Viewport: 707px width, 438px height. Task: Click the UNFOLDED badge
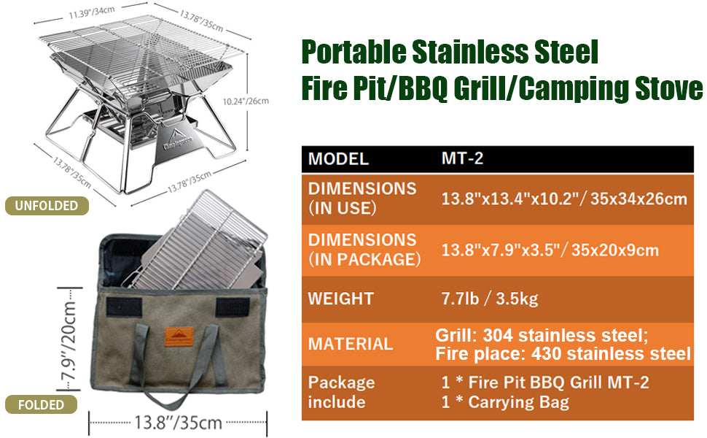pyautogui.click(x=46, y=206)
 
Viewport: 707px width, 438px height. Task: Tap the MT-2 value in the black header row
pyautogui.click(x=462, y=158)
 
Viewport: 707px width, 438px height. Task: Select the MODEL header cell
pyautogui.click(x=338, y=158)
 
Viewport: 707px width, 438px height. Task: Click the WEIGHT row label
pyautogui.click(x=340, y=299)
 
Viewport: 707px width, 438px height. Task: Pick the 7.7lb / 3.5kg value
pyautogui.click(x=490, y=299)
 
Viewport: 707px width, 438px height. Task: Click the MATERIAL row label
pyautogui.click(x=350, y=343)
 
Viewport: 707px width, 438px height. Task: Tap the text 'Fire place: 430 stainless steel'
pyautogui.click(x=563, y=354)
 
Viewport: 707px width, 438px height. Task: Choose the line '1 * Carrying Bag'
pyautogui.click(x=505, y=401)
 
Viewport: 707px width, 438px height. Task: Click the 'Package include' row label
pyautogui.click(x=341, y=392)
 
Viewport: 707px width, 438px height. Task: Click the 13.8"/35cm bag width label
pyautogui.click(x=178, y=422)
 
